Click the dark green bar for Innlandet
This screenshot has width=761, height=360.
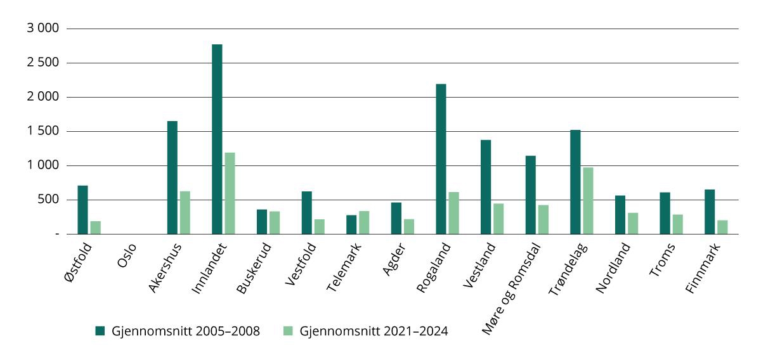[217, 139]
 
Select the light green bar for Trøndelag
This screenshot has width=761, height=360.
[588, 200]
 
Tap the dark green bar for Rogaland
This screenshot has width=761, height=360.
[441, 159]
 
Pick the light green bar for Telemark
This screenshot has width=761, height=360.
[364, 222]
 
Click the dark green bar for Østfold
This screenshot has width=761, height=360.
[82, 210]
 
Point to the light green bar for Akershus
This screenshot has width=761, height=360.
[185, 212]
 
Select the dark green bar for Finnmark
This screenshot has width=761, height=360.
[710, 212]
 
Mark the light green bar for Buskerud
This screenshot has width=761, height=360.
[275, 222]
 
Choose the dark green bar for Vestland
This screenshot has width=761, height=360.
[486, 187]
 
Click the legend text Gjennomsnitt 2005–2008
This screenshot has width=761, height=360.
[186, 331]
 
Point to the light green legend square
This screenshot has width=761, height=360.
[287, 331]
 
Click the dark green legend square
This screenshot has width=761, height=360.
[100, 331]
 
